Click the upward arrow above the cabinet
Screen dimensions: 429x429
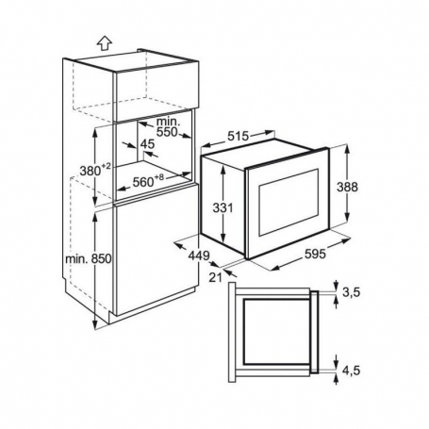[105, 43]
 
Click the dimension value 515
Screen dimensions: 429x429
[238, 136]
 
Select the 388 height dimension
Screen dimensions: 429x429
[347, 187]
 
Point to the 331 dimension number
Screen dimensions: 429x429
[223, 207]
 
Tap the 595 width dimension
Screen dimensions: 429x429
[315, 254]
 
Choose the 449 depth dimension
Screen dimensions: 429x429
[199, 256]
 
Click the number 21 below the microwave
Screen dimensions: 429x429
[216, 277]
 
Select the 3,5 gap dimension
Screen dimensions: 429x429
[351, 292]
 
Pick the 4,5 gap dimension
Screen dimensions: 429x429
[351, 371]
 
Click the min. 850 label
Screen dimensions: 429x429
[89, 259]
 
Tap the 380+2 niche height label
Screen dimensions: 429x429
[95, 171]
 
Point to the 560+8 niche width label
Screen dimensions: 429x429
[148, 181]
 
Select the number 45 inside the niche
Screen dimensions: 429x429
[147, 144]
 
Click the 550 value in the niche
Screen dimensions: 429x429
[167, 132]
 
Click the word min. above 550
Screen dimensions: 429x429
[169, 122]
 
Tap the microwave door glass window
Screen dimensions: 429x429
[289, 203]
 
